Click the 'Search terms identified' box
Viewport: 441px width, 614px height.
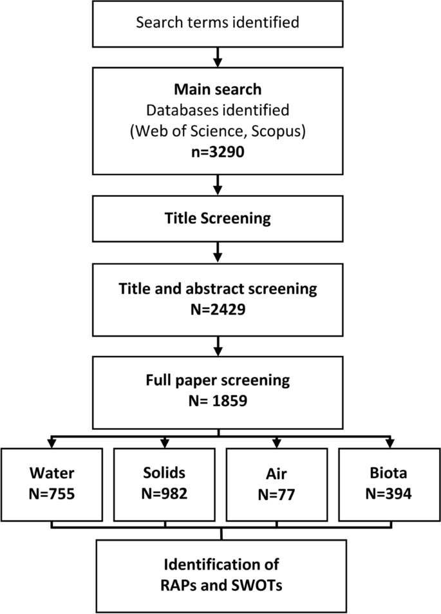point(218,23)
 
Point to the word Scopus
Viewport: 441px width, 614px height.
point(278,135)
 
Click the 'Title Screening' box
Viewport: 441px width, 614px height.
point(218,219)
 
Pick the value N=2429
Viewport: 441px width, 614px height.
point(218,308)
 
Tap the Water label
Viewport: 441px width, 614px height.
point(52,474)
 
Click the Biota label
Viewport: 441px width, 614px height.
point(389,474)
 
